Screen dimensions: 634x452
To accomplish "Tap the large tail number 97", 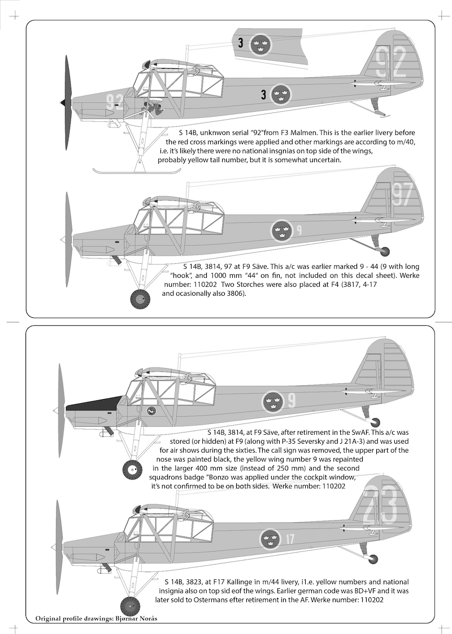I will [x=403, y=194].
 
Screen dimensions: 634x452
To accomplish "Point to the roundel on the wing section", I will [x=260, y=44].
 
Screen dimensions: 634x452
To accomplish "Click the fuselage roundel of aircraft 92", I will [x=280, y=95].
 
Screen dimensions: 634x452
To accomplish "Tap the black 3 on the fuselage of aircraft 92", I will [x=263, y=95].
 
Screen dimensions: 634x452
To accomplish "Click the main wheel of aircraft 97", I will [x=140, y=299].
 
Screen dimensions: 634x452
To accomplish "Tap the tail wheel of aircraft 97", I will [x=385, y=251].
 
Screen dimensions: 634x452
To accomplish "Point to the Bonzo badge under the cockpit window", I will [x=151, y=411].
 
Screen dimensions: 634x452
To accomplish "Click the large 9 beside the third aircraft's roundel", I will [x=292, y=401].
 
